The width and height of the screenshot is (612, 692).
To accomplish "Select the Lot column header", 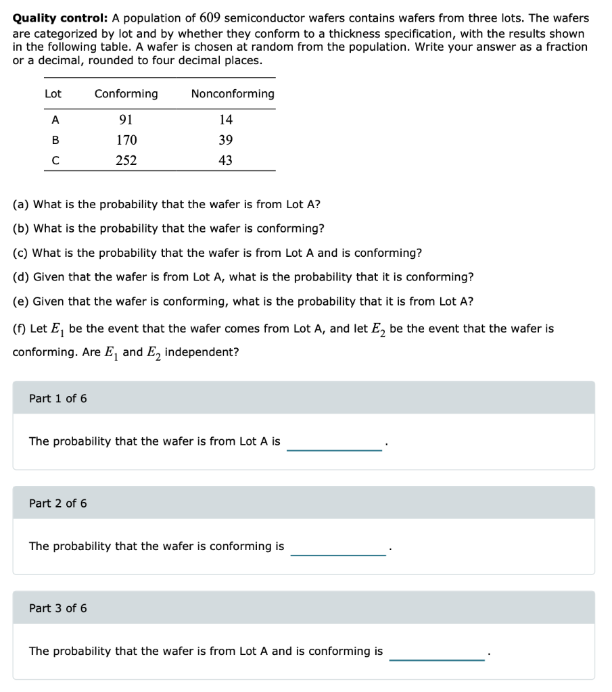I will pyautogui.click(x=53, y=94).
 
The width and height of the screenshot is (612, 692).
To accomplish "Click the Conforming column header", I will pyautogui.click(x=126, y=94).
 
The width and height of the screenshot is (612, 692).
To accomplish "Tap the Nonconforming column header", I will pyautogui.click(x=233, y=94).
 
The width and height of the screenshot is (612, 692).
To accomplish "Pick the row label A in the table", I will pyautogui.click(x=55, y=120).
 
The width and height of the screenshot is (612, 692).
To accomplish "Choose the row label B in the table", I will pyautogui.click(x=55, y=141).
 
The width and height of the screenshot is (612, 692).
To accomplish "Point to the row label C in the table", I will pyautogui.click(x=55, y=161).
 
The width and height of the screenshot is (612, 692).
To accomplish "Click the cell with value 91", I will pyautogui.click(x=126, y=120).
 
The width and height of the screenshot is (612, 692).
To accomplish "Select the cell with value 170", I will pyautogui.click(x=126, y=141).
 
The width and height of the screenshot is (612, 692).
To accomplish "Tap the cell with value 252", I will pyautogui.click(x=126, y=161).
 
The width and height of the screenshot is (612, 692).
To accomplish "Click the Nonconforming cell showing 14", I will pyautogui.click(x=226, y=120).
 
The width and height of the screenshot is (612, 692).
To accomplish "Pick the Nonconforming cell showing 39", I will pyautogui.click(x=226, y=141).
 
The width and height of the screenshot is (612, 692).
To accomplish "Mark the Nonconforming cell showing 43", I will pyautogui.click(x=226, y=161).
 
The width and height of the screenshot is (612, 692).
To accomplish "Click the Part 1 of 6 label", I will pyautogui.click(x=58, y=399).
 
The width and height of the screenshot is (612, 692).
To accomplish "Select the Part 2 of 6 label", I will pyautogui.click(x=58, y=503).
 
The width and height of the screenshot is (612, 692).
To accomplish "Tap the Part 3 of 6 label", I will pyautogui.click(x=58, y=608).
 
